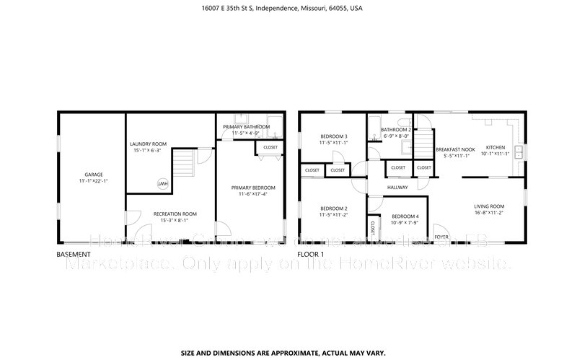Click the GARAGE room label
(x=94, y=175)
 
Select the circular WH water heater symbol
(x=163, y=183)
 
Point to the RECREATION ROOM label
(x=175, y=214)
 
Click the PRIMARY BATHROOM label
(x=246, y=127)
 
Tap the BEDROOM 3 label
(x=332, y=136)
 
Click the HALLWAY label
(x=397, y=187)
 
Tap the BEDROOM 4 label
(x=405, y=217)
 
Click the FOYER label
(x=441, y=237)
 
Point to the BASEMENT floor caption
(x=74, y=255)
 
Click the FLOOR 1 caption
(x=311, y=255)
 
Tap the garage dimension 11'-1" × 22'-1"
(x=94, y=181)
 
